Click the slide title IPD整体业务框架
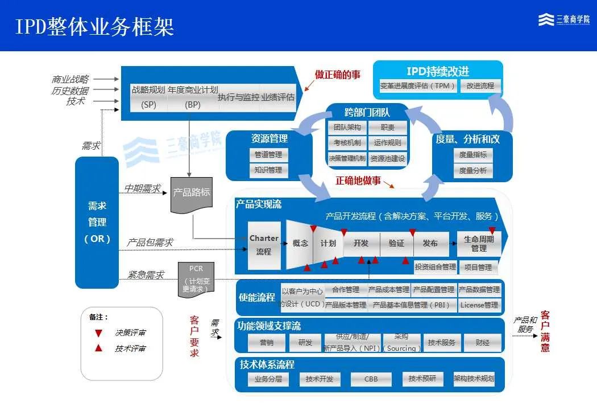point(94,26)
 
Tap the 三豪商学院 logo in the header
point(563,20)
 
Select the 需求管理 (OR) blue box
point(97,222)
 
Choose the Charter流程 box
point(264,245)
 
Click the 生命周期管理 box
point(479,244)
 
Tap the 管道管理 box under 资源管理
point(268,154)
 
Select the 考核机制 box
point(347,142)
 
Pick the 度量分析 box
point(472,170)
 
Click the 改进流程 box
point(480,86)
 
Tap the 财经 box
point(483,342)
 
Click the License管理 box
point(479,305)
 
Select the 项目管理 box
point(478,266)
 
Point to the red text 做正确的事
point(338,75)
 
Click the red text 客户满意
point(545,331)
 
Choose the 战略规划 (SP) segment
point(148,97)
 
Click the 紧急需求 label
point(146,275)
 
